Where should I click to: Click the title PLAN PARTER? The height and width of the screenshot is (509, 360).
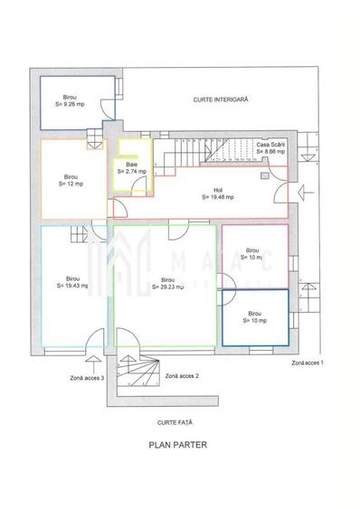178,445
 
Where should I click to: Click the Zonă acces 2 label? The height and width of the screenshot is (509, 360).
183,374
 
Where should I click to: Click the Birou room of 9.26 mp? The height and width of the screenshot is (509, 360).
71,100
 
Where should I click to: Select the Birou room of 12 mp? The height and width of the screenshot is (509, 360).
71,179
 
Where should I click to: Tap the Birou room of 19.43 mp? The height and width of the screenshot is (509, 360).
71,281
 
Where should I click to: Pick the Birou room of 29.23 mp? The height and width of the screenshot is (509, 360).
167,283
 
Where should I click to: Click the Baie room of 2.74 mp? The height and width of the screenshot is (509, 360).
131,167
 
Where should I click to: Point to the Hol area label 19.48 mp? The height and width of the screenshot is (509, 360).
217,193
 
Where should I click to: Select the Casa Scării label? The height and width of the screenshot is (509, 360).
270,145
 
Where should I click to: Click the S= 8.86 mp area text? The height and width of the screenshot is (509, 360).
270,152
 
